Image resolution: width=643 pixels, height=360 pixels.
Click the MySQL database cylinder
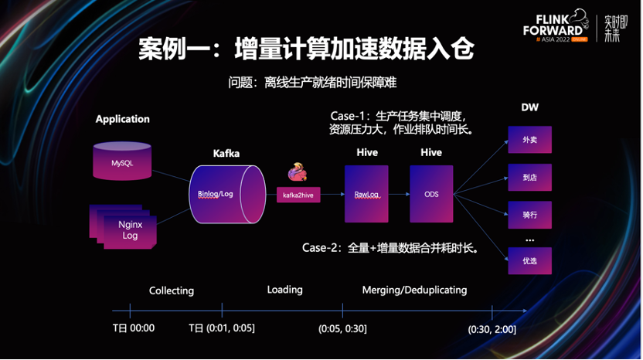[122, 161]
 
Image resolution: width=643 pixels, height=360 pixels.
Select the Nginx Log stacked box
[129, 230]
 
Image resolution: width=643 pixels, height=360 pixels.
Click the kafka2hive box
[298, 195]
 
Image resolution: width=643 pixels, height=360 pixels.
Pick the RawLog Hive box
[366, 193]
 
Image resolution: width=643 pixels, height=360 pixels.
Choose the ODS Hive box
[431, 193]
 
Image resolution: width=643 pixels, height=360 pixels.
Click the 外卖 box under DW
[529, 140]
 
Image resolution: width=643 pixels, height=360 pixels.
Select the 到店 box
[529, 177]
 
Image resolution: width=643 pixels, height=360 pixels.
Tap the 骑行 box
[529, 215]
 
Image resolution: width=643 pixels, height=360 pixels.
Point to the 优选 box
[529, 261]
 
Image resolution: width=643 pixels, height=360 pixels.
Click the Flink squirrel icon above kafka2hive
[298, 172]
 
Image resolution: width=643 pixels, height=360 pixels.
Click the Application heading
[122, 119]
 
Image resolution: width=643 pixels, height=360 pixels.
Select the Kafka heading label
[226, 153]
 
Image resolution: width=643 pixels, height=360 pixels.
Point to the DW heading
[529, 107]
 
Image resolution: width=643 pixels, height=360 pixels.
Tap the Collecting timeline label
[172, 290]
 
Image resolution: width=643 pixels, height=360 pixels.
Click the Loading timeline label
[284, 290]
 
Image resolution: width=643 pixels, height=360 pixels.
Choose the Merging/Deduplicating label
[414, 290]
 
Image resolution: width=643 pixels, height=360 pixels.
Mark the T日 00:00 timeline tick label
[134, 328]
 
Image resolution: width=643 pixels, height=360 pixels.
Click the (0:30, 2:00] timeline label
[492, 329]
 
